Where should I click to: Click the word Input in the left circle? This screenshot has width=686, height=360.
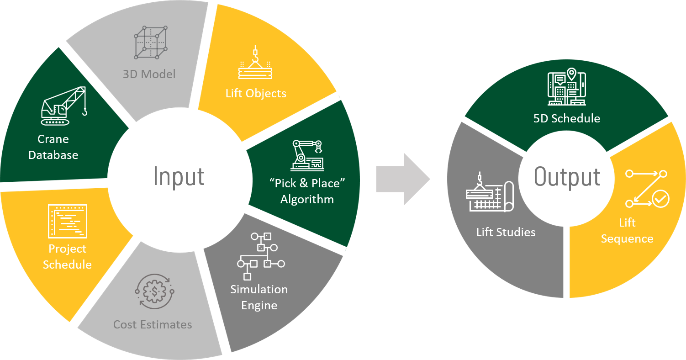pyautogui.click(x=179, y=176)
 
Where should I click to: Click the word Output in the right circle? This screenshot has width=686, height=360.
pyautogui.click(x=567, y=177)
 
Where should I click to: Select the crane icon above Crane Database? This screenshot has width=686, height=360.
pyautogui.click(x=63, y=106)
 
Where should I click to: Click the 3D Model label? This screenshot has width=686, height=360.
pyautogui.click(x=149, y=74)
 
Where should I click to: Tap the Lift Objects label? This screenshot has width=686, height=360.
pyautogui.click(x=256, y=94)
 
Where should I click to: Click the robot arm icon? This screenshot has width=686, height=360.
pyautogui.click(x=307, y=153)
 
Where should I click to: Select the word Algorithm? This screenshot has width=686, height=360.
pyautogui.click(x=307, y=200)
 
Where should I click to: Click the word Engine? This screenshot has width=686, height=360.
pyautogui.click(x=259, y=306)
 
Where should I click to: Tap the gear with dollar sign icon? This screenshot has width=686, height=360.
pyautogui.click(x=154, y=291)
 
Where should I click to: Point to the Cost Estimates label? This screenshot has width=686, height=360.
pyautogui.click(x=153, y=325)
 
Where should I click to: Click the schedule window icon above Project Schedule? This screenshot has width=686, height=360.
pyautogui.click(x=67, y=221)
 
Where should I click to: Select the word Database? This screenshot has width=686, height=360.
pyautogui.click(x=53, y=155)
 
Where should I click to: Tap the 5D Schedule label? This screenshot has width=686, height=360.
pyautogui.click(x=566, y=119)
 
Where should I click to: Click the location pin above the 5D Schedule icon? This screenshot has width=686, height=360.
pyautogui.click(x=571, y=73)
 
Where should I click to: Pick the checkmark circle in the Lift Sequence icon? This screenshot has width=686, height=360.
pyautogui.click(x=660, y=199)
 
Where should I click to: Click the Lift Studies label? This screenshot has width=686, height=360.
pyautogui.click(x=506, y=232)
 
